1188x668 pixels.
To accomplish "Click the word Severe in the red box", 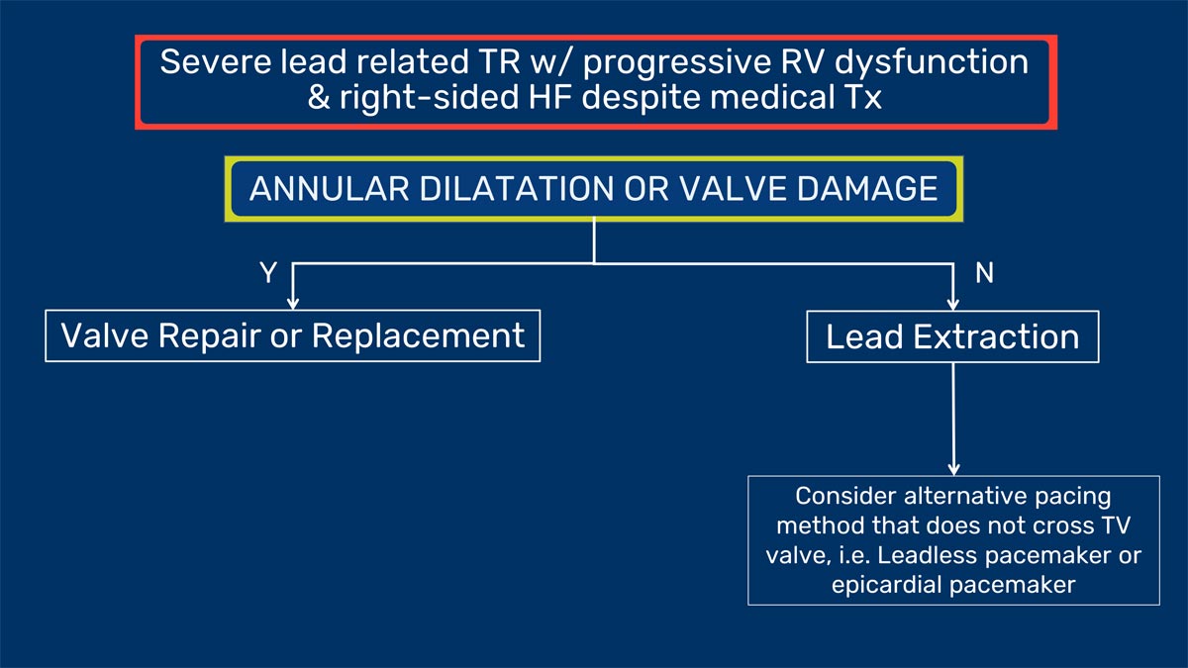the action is click(215, 61).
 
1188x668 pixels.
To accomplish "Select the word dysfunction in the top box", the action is click(932, 62).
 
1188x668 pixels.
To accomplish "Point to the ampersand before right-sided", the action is click(319, 98).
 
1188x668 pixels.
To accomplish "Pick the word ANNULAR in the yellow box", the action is click(329, 189).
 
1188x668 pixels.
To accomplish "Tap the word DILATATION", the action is click(516, 189).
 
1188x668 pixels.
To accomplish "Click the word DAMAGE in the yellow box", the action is click(867, 189).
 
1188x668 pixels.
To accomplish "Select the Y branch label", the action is click(268, 272).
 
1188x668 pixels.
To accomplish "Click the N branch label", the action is click(984, 273).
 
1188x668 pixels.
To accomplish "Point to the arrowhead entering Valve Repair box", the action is click(293, 304).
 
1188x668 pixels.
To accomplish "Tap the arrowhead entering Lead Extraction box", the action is click(953, 305).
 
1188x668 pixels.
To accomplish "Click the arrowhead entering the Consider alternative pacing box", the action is click(953, 470).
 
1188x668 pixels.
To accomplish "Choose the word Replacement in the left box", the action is click(418, 336).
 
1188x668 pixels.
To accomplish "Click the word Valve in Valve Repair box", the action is click(105, 335).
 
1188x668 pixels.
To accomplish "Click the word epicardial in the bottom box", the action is click(887, 586).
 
